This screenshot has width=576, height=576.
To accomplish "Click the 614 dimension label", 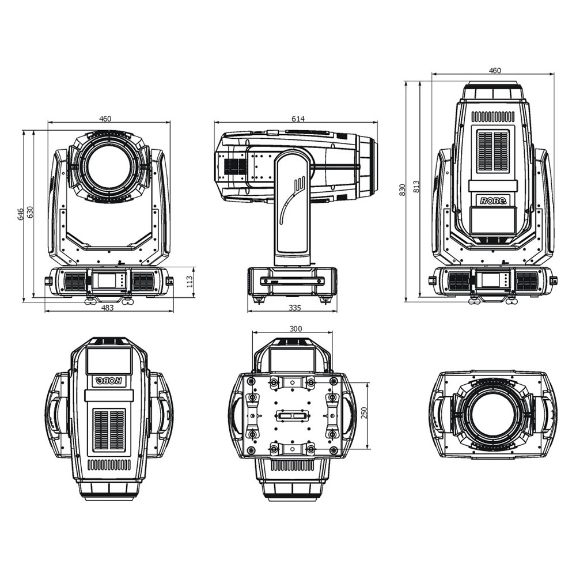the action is (298, 119).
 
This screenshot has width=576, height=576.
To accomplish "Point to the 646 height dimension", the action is (21, 214).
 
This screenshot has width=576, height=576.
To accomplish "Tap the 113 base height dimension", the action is (190, 282).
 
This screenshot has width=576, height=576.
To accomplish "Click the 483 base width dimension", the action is (107, 308).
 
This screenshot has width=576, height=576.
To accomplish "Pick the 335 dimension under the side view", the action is (294, 308).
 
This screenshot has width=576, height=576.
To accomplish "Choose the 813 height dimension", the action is (416, 187).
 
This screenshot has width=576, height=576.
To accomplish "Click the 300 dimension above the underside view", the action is (295, 328).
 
